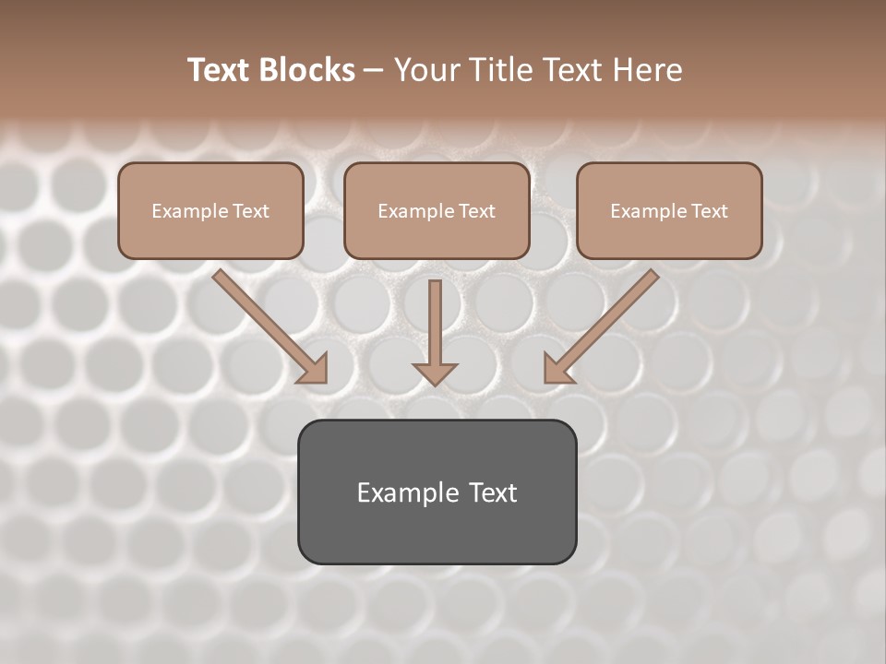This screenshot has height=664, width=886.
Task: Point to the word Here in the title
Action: (647, 70)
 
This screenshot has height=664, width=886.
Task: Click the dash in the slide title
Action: (375, 71)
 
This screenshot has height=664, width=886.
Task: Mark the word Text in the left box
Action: (252, 211)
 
